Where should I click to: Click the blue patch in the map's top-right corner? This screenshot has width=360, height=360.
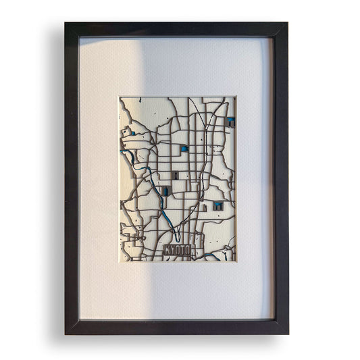231,122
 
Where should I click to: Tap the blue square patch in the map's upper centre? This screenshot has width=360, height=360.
183,149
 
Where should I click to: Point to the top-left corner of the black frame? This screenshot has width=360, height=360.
66,24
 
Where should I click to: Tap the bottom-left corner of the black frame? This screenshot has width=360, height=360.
66,333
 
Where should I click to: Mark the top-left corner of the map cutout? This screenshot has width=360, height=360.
120,97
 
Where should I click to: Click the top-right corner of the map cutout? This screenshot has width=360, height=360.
236,97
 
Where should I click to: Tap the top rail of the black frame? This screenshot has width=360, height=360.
177,30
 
